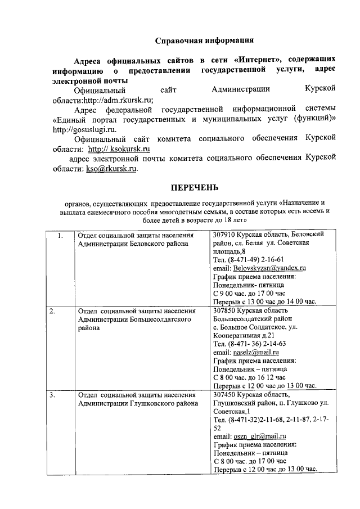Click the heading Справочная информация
tap(204, 40)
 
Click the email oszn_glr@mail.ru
tap(259, 436)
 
